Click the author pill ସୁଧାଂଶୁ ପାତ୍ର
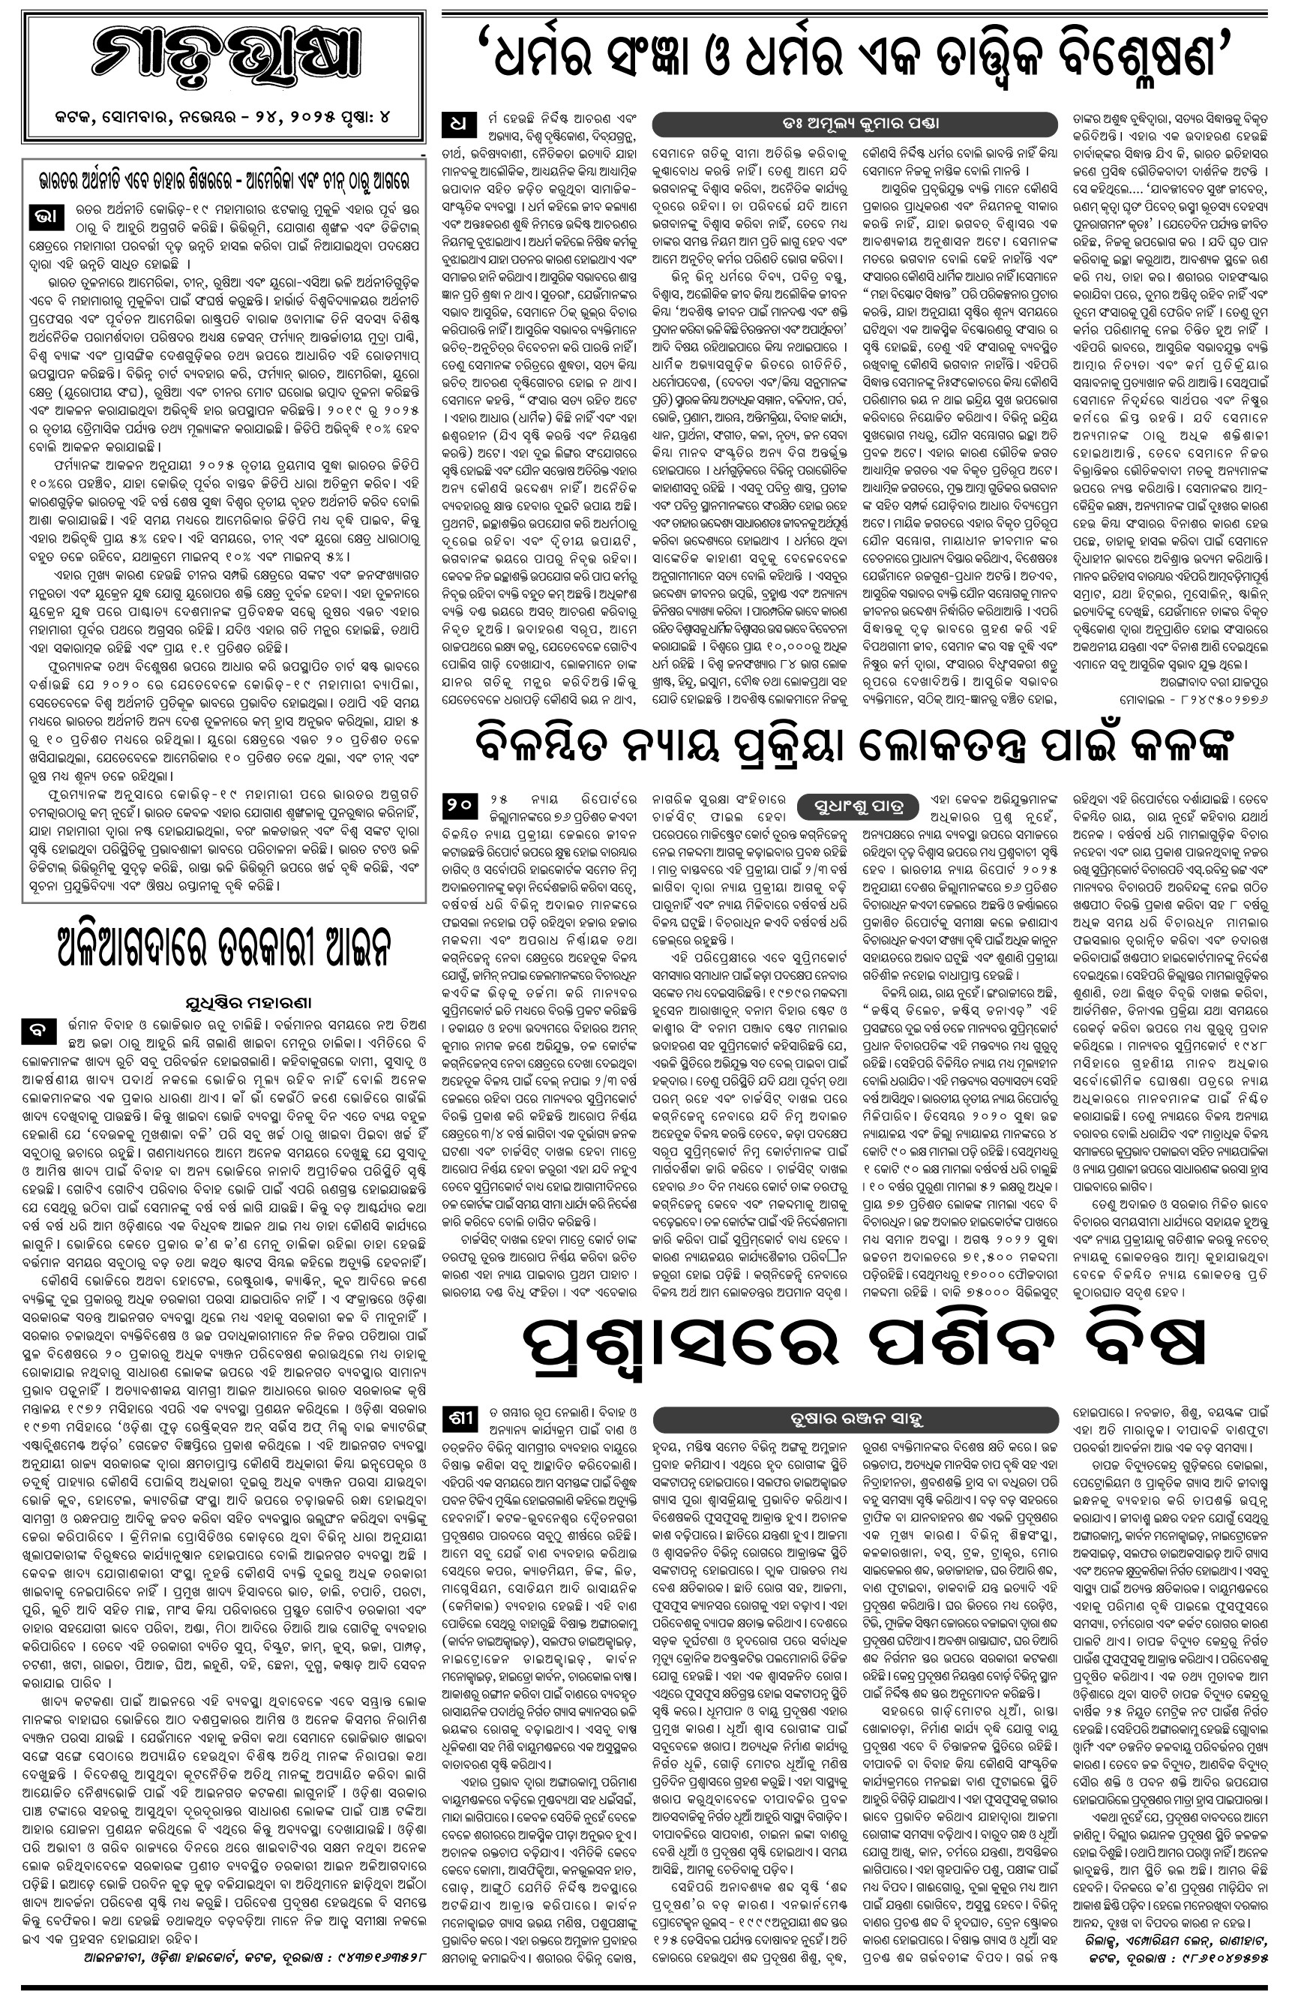pos(862,808)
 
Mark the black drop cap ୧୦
pos(460,807)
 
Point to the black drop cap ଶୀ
pos(460,1418)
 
